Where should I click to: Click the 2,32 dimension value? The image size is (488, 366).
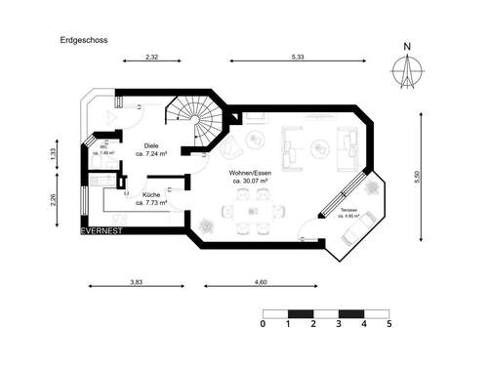pyautogui.click(x=151, y=59)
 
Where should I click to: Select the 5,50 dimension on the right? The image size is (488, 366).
pyautogui.click(x=417, y=178)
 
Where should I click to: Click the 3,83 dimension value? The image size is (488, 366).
pyautogui.click(x=137, y=281)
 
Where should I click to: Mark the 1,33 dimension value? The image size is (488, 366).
pyautogui.click(x=55, y=153)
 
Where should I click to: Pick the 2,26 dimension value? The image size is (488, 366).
pyautogui.click(x=55, y=201)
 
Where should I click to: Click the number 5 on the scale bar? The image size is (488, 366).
pyautogui.click(x=388, y=322)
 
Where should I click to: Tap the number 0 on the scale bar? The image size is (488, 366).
pyautogui.click(x=264, y=322)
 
